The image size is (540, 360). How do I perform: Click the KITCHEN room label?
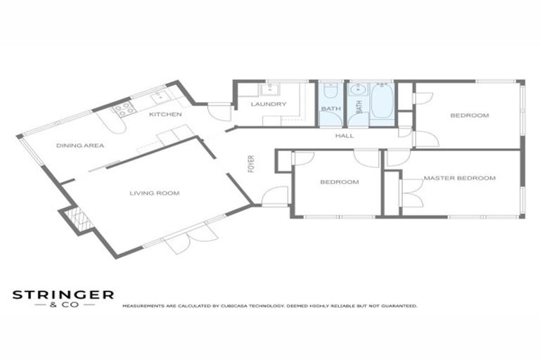[x=166, y=114]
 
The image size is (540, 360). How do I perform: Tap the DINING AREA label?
[x=81, y=146]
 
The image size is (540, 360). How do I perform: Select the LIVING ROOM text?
[x=154, y=193]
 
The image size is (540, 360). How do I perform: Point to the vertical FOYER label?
[x=249, y=163]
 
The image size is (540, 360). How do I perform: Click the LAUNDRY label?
[x=269, y=105]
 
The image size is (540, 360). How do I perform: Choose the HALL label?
[x=345, y=136]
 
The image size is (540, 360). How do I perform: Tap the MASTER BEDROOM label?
[x=459, y=178]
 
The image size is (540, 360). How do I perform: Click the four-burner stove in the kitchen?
[x=124, y=108]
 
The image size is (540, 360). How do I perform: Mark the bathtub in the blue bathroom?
[x=382, y=103]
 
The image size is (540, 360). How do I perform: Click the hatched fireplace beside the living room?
[x=77, y=220]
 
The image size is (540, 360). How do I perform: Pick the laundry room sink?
[x=270, y=89]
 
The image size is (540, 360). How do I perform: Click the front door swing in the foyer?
[x=274, y=196]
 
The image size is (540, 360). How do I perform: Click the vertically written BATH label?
[x=358, y=107]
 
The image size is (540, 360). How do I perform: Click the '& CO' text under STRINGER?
[x=63, y=306]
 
